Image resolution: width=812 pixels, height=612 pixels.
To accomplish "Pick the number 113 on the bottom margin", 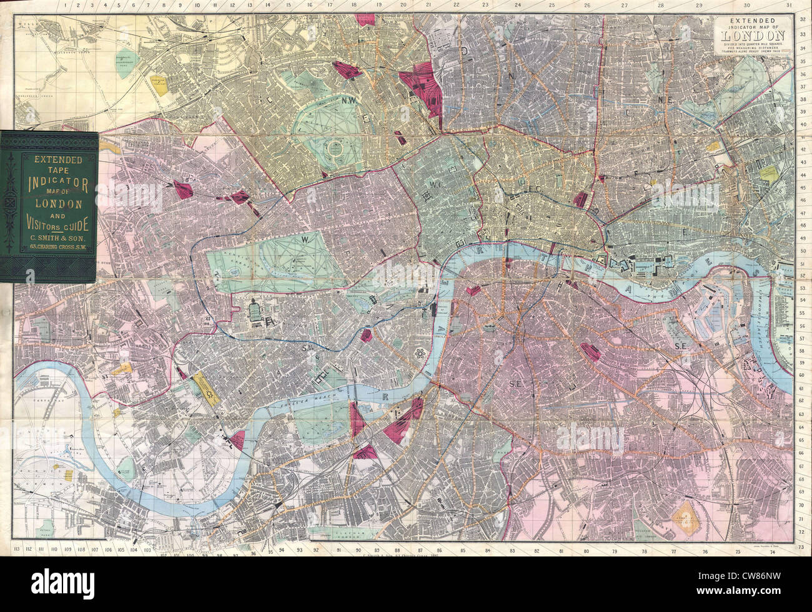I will coord(17,549).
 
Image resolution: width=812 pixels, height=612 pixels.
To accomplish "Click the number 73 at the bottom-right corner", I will coord(802,546).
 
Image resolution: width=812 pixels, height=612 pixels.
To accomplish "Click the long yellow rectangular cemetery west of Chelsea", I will coord(205,387).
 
